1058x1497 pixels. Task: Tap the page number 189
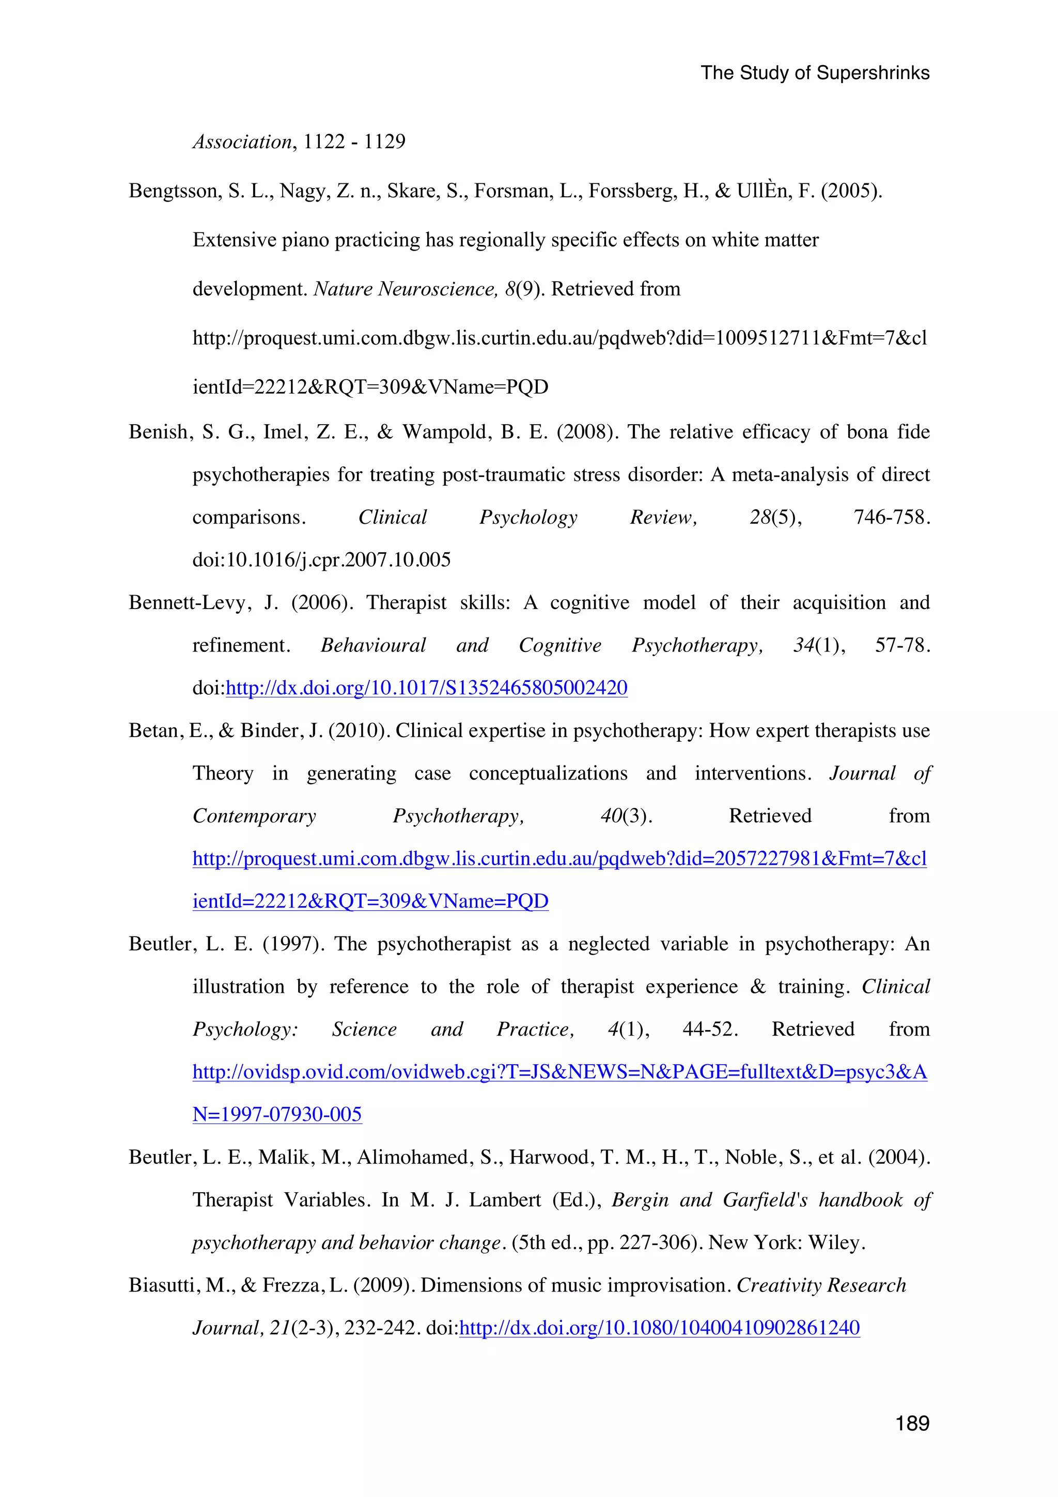click(912, 1423)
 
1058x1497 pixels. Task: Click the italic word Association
click(242, 142)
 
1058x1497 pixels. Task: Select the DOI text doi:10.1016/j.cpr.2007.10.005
click(321, 560)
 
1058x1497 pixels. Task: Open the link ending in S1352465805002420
click(426, 688)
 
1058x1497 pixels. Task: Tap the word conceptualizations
click(548, 773)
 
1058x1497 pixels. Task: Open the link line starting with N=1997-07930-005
click(277, 1114)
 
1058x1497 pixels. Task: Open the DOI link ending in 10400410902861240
click(659, 1328)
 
